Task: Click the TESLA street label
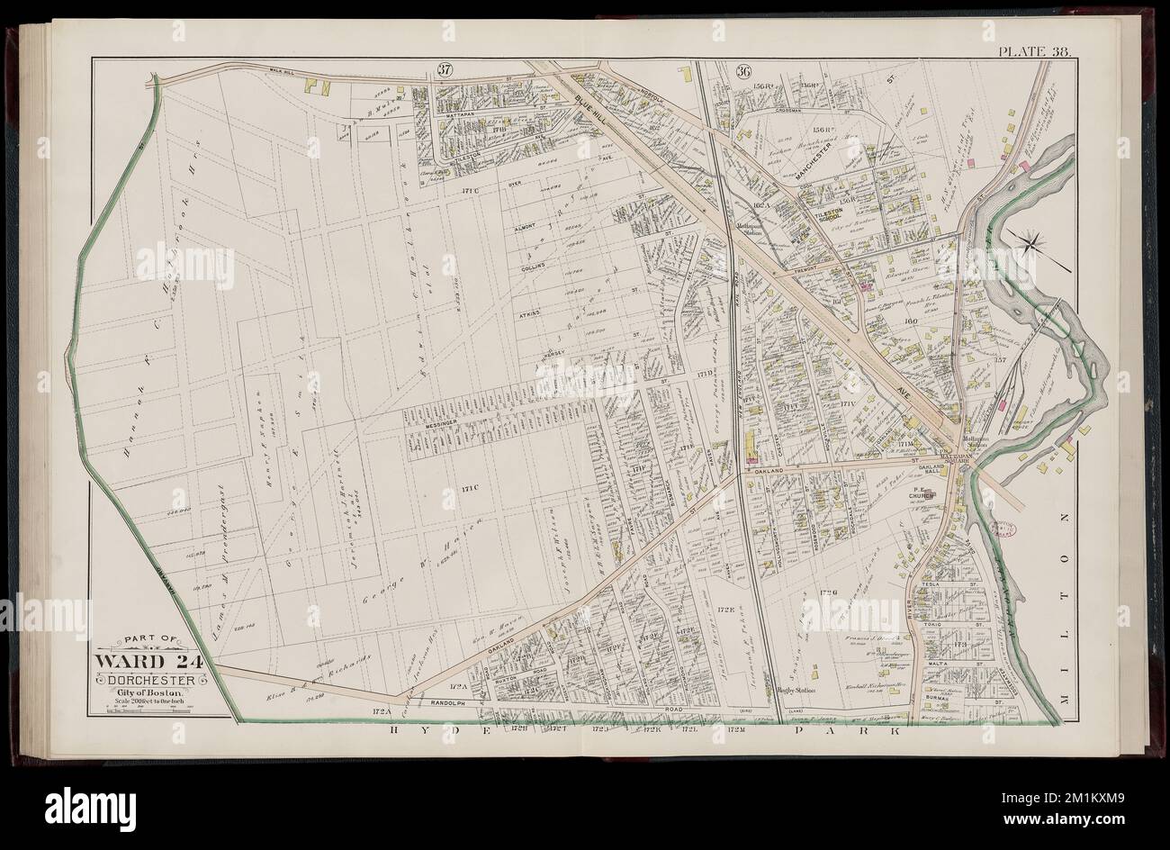coord(931,585)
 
